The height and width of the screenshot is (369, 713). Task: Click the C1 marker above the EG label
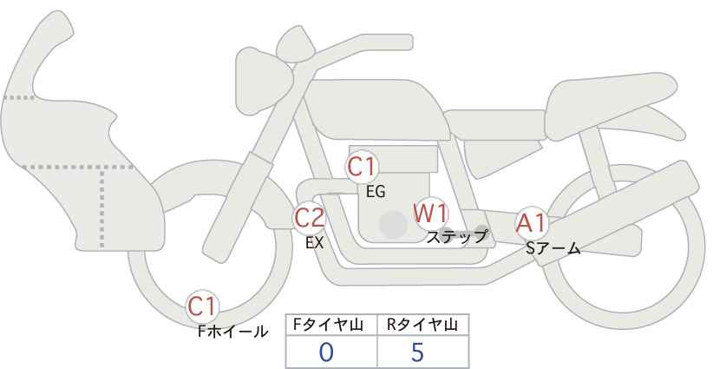pos(362,167)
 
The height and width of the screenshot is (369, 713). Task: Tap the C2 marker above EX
pos(309,218)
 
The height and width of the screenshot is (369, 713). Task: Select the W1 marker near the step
pos(430,214)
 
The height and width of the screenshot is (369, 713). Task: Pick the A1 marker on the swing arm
pos(531,223)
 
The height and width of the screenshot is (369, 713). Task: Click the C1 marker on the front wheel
pos(202,306)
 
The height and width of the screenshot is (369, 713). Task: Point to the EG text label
pos(376,192)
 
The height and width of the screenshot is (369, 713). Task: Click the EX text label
pos(314,243)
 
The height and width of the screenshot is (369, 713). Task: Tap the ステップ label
pos(456,237)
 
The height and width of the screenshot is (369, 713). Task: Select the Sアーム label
pos(553,248)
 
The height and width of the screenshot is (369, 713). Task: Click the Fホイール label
pos(232,331)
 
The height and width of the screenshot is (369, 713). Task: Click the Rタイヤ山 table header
pos(422,325)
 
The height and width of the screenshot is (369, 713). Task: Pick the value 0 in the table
pos(326,353)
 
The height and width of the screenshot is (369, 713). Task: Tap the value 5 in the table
pos(417,353)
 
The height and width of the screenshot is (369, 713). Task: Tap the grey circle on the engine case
pos(393,224)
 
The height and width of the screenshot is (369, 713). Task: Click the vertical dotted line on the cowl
pos(101,208)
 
